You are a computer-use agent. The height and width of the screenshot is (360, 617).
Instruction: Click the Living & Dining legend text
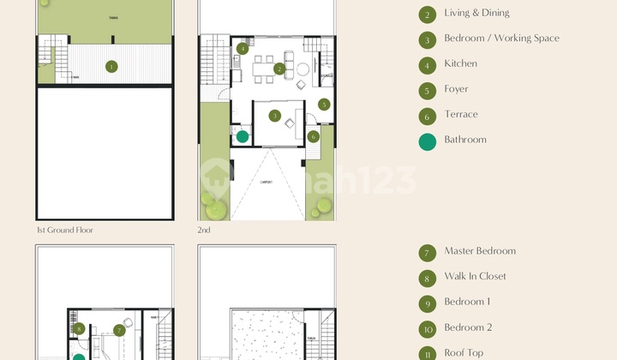476,13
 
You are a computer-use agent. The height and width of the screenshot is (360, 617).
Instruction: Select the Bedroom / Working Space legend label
501,39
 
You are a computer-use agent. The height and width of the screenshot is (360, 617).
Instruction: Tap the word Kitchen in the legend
460,63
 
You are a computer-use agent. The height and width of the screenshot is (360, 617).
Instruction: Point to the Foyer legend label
456,89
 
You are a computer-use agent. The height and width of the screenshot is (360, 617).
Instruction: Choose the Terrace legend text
461,114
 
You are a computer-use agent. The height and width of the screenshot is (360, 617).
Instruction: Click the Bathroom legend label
465,140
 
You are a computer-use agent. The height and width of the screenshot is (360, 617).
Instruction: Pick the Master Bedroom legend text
480,251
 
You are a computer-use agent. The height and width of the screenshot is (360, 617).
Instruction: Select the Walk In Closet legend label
475,276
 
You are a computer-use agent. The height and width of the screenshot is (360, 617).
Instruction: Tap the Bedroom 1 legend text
467,302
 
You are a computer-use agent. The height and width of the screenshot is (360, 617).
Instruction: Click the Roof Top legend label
464,352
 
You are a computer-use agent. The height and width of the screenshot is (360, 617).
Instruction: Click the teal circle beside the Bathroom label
428,141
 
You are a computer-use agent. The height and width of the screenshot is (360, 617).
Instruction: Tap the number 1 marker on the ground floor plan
111,66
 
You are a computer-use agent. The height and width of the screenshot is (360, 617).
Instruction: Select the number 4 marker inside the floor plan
243,49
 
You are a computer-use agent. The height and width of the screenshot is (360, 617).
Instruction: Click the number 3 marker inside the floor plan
274,116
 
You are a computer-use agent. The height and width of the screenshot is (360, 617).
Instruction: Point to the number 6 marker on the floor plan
314,136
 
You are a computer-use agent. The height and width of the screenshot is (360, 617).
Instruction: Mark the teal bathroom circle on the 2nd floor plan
243,136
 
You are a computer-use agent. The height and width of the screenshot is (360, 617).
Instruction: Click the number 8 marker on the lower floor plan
79,328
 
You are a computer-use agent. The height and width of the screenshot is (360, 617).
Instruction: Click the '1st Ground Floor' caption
64,230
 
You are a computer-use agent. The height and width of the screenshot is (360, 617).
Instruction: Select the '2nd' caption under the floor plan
204,230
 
